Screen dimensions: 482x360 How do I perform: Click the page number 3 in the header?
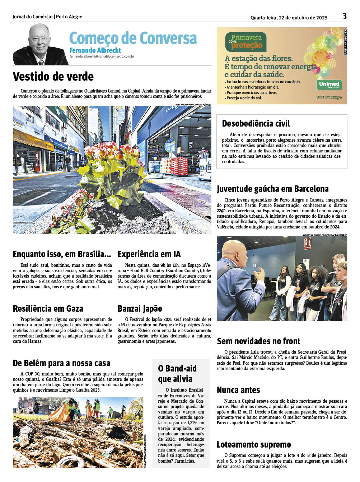coord(344,16)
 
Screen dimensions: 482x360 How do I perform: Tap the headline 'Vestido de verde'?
coord(53,77)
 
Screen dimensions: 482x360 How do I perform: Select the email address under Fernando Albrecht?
coord(102,57)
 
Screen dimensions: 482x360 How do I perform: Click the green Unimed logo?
coord(329,85)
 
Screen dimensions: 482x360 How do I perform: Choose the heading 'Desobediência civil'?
coord(256,124)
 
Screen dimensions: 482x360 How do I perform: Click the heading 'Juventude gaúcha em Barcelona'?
coord(273,189)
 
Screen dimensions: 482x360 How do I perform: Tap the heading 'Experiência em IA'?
coord(149,254)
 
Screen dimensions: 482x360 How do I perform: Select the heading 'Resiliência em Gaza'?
coord(48,309)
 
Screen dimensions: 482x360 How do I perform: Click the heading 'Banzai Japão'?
coord(140,309)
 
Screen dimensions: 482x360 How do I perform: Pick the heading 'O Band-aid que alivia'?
coord(177,374)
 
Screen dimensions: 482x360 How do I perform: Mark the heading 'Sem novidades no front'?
coord(258,341)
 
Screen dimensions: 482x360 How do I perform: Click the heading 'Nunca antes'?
coord(238,390)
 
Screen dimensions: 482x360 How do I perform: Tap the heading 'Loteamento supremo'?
coord(254,445)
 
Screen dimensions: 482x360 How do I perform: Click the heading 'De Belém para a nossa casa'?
coord(61,363)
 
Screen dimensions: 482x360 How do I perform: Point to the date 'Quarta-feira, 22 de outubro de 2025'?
coord(289,18)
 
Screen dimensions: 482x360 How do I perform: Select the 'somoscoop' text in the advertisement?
coord(329,97)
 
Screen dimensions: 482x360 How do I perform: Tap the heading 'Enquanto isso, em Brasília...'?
coord(62,254)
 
